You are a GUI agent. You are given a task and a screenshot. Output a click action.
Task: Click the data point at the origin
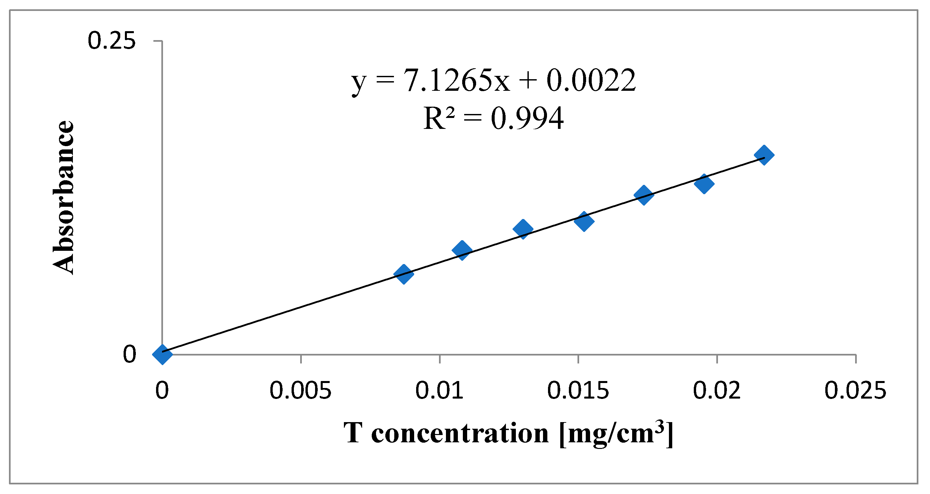pyautogui.click(x=162, y=354)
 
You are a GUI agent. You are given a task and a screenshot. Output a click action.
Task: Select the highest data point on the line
pyautogui.click(x=764, y=155)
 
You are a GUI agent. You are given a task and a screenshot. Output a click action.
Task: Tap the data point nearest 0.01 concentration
pyautogui.click(x=462, y=250)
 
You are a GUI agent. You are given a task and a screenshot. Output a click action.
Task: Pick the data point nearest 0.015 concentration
pyautogui.click(x=584, y=221)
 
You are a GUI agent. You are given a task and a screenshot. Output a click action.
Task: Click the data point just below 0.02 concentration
pyautogui.click(x=704, y=184)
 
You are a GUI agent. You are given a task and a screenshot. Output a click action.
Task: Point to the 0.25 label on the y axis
pyautogui.click(x=112, y=40)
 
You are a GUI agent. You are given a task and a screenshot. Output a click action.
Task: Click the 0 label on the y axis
pyautogui.click(x=129, y=354)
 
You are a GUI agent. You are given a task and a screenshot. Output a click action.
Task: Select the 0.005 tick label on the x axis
pyautogui.click(x=301, y=391)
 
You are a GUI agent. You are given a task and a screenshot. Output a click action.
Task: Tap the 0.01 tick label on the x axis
pyautogui.click(x=439, y=391)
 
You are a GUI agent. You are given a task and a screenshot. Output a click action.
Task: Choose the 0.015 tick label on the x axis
pyautogui.click(x=578, y=391)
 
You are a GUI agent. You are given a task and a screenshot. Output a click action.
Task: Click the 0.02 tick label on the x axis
pyautogui.click(x=717, y=391)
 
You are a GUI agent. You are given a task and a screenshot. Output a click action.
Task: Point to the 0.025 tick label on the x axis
pyautogui.click(x=855, y=391)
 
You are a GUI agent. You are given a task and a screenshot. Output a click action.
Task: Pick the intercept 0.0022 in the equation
pyautogui.click(x=591, y=80)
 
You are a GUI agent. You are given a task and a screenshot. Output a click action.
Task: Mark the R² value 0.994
pyautogui.click(x=527, y=118)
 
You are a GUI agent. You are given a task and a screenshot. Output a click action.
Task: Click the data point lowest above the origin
pyautogui.click(x=404, y=274)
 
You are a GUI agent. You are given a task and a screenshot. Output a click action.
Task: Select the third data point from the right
pyautogui.click(x=644, y=195)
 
